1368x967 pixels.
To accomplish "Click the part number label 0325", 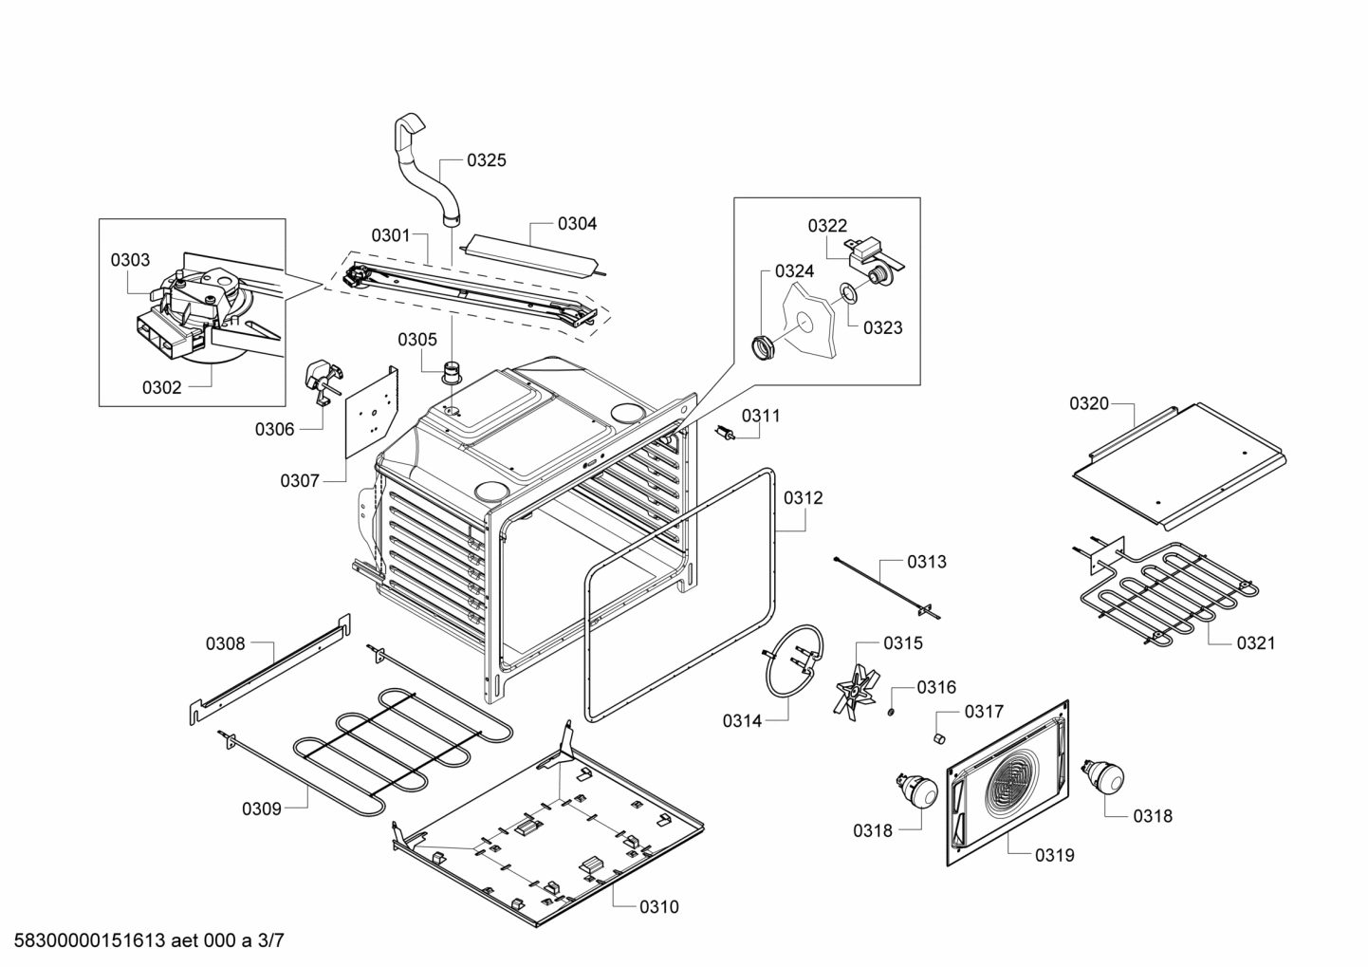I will point(486,160).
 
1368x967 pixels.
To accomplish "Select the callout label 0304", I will point(577,224).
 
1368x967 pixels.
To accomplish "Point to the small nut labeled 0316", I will point(892,712).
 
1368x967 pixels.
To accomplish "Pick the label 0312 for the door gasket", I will point(804,498).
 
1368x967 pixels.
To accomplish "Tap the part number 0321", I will point(1255,643).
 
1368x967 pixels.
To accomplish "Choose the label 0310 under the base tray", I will point(658,907).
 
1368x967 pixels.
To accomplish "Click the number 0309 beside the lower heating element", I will point(261,809).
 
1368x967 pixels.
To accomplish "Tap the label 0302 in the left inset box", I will point(161,387).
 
